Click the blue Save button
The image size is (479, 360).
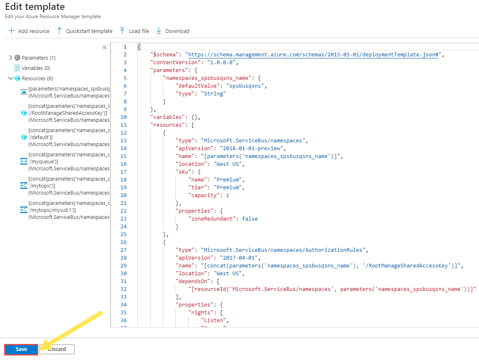click(21, 349)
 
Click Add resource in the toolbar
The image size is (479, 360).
click(29, 31)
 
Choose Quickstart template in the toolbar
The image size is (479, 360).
click(84, 31)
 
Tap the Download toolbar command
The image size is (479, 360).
click(173, 31)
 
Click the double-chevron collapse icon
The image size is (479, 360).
click(105, 47)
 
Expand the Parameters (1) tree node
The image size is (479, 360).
click(11, 58)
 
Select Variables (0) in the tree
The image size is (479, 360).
click(36, 68)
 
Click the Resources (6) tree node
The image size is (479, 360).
click(37, 79)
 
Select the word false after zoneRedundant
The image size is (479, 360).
click(250, 219)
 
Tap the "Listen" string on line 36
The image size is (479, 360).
click(214, 321)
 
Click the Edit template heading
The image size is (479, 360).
click(35, 7)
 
